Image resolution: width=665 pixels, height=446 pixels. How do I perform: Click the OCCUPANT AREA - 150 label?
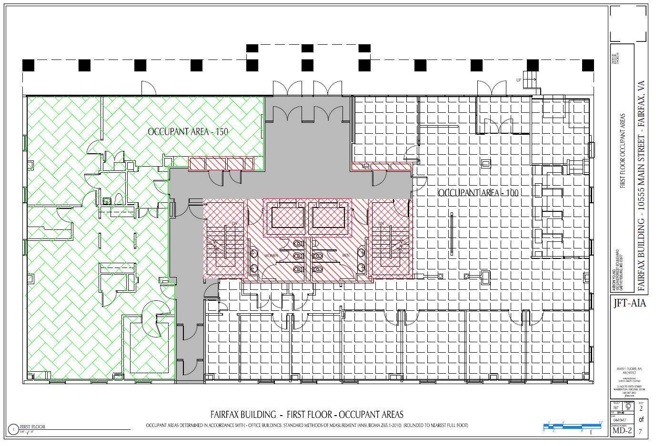(x=188, y=132)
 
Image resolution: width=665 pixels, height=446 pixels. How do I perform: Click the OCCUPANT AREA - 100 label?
(x=477, y=193)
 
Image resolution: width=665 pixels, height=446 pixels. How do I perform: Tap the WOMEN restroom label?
(x=271, y=256)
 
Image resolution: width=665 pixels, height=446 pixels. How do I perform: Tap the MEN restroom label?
(x=346, y=256)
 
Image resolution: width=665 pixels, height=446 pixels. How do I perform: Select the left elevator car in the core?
(x=288, y=217)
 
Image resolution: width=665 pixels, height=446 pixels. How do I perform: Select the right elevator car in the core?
(x=329, y=217)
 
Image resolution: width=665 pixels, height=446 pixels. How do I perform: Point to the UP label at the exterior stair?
(x=519, y=80)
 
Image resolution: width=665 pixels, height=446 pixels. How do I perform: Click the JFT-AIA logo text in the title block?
(x=629, y=303)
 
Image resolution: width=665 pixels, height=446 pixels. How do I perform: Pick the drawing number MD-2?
(x=622, y=431)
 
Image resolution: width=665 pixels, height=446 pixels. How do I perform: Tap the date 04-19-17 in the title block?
(x=620, y=420)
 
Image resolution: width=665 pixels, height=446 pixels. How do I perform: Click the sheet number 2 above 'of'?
(x=641, y=408)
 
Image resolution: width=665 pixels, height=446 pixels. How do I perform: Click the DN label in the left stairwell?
(x=234, y=223)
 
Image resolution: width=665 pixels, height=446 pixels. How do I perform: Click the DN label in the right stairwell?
(x=381, y=223)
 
